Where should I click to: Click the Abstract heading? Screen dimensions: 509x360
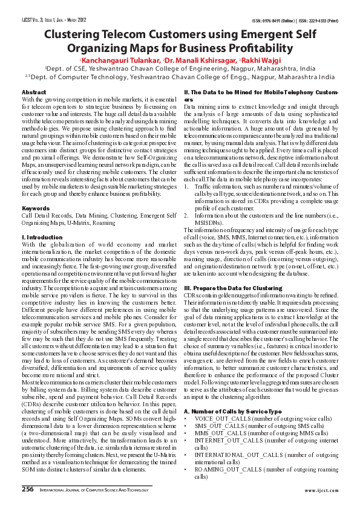[x=34, y=91]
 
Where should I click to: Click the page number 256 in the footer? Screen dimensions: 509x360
[x=28, y=488]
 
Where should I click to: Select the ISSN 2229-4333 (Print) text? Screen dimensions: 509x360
[x=318, y=19]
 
